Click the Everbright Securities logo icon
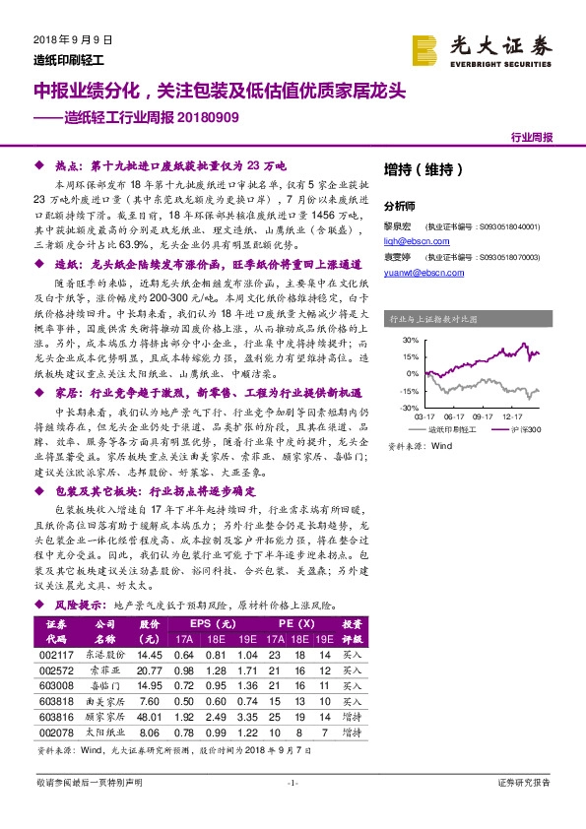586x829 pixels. click(425, 48)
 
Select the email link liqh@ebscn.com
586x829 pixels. click(410, 237)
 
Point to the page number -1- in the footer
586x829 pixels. click(293, 783)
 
